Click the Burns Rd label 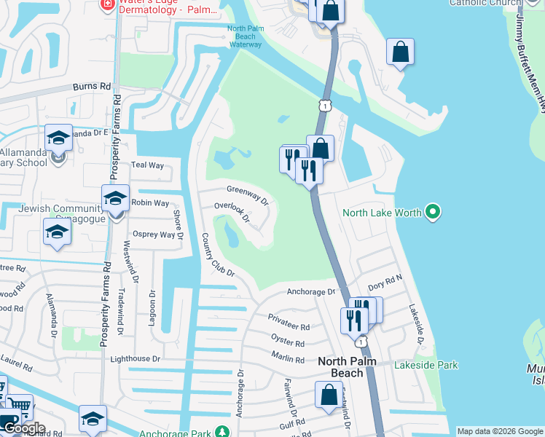coord(92,86)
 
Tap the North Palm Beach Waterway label coord(244,36)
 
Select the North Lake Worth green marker coord(434,213)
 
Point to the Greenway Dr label coord(248,193)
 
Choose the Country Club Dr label coord(217,255)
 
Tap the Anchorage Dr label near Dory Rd coord(310,291)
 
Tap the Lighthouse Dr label coord(135,359)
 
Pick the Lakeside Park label coord(426,365)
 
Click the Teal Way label coord(147,165)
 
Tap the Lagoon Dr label coord(153,309)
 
